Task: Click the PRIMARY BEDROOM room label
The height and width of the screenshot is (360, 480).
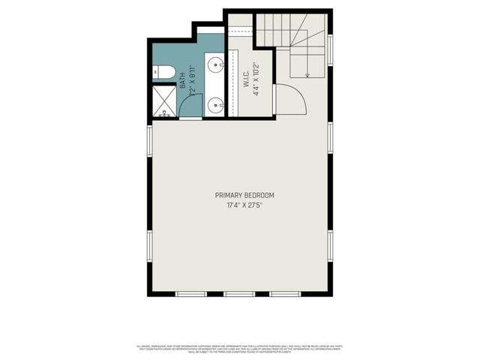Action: pyautogui.click(x=240, y=196)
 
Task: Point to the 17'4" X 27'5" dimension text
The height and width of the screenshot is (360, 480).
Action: pyautogui.click(x=240, y=205)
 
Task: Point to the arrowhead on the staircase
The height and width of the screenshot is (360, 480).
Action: pyautogui.click(x=307, y=75)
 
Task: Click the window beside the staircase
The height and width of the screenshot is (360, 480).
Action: pyautogui.click(x=331, y=49)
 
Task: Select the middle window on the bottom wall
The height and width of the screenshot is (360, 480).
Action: pyautogui.click(x=240, y=293)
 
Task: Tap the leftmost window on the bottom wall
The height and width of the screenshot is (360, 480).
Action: pyautogui.click(x=191, y=293)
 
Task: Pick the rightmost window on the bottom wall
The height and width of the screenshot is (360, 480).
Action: pyautogui.click(x=286, y=293)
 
